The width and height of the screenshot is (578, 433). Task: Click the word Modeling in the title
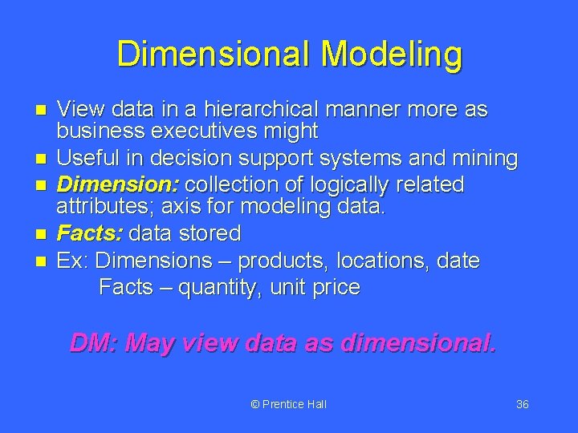(392, 55)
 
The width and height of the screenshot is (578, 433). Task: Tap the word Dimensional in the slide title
(215, 55)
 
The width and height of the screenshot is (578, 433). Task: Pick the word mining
(478, 159)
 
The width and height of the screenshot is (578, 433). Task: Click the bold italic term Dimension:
(119, 184)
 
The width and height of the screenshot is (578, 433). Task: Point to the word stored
(210, 233)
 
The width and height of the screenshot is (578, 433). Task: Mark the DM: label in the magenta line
(95, 343)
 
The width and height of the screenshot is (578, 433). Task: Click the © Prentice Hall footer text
(288, 404)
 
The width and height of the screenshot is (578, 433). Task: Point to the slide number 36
(522, 404)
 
